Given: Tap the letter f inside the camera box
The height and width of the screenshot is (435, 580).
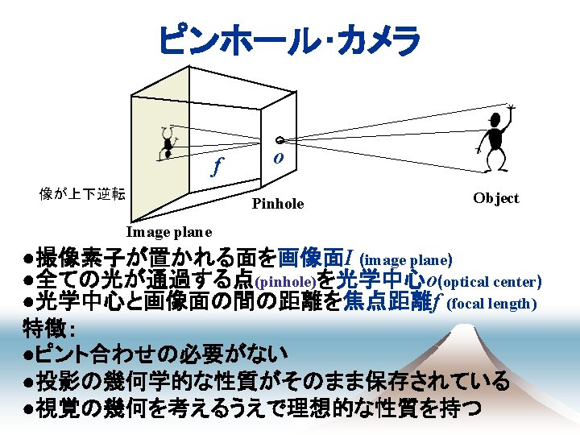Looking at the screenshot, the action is [x=216, y=168].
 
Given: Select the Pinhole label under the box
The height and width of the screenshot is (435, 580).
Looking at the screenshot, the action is [x=278, y=204].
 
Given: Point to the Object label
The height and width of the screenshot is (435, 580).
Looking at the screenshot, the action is [x=495, y=198].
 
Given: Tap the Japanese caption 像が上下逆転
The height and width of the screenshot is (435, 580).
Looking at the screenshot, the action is [x=82, y=193].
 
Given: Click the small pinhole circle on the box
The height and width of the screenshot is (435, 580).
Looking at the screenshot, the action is [x=277, y=139].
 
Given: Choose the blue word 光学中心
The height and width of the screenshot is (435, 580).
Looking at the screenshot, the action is [x=381, y=281].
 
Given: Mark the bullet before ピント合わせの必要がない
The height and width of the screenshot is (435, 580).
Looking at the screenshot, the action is [x=27, y=354].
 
